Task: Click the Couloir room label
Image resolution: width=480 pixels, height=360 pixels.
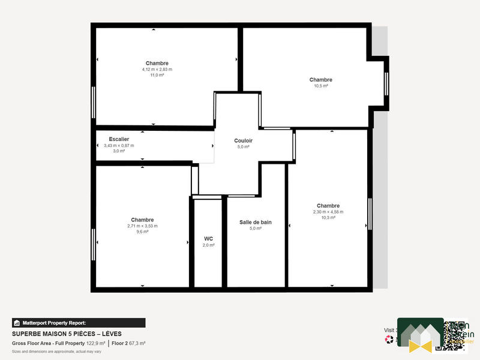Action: tap(243, 140)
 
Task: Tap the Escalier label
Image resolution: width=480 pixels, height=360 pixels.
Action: tap(119, 139)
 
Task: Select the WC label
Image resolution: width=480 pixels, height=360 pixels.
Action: tap(208, 238)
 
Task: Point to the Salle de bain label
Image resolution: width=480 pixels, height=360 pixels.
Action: tap(256, 222)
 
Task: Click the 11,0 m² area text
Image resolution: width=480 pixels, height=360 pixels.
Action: tap(157, 75)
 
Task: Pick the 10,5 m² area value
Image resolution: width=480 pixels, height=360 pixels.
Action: tap(321, 86)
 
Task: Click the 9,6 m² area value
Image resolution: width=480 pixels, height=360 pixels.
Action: tap(142, 232)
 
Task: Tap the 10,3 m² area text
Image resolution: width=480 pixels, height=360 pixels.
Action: tap(328, 217)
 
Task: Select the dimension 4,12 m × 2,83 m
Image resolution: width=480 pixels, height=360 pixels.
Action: tap(157, 69)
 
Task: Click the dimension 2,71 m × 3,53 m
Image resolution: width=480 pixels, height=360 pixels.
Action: tap(142, 226)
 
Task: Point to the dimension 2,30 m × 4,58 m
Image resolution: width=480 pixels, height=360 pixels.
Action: tap(328, 211)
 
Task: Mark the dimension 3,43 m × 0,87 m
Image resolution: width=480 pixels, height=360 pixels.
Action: tap(119, 145)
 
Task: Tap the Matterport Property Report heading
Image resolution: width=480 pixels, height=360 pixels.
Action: tap(54, 323)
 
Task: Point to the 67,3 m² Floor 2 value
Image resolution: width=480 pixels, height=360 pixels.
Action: tap(136, 343)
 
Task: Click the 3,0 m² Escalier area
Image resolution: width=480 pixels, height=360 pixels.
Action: tap(119, 151)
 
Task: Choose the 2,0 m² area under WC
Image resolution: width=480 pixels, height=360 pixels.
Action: tap(208, 245)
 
